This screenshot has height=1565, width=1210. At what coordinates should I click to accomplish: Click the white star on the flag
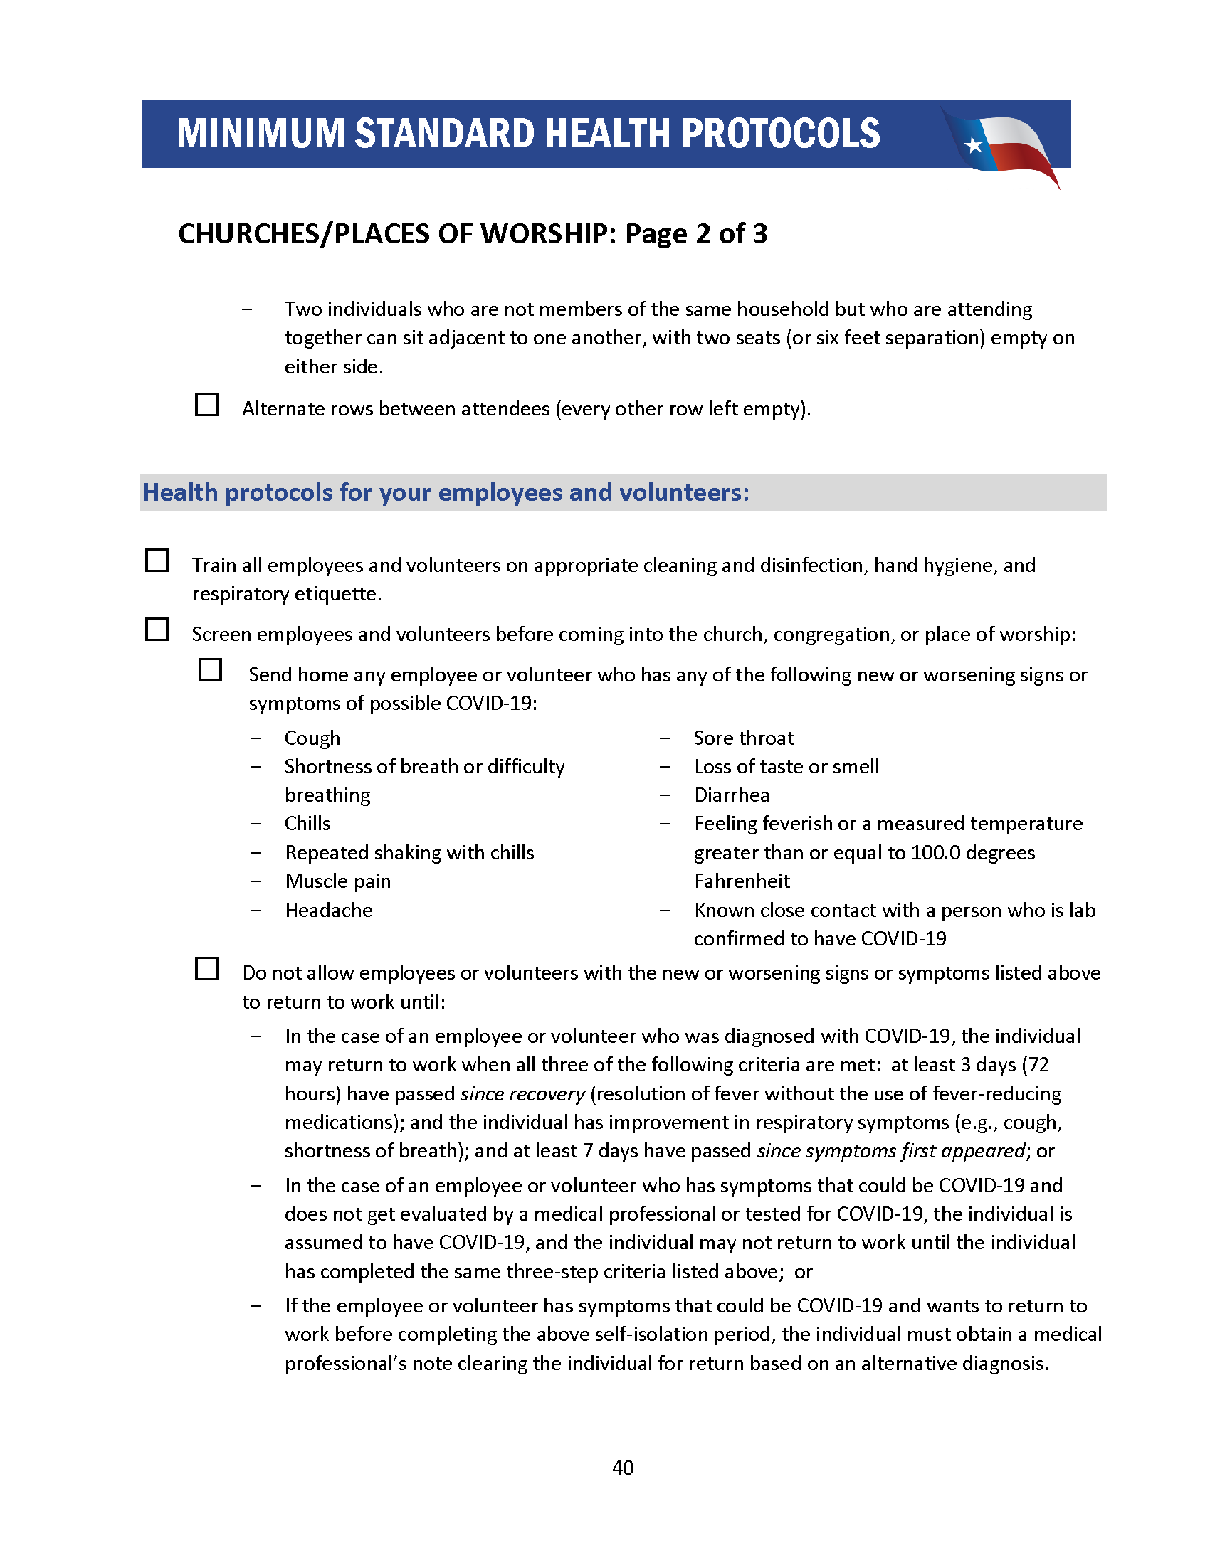[973, 145]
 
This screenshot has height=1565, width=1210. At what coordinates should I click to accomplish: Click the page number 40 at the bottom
[623, 1468]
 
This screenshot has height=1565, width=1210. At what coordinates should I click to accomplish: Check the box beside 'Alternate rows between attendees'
[207, 404]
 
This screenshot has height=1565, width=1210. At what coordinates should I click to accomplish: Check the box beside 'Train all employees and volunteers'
[157, 561]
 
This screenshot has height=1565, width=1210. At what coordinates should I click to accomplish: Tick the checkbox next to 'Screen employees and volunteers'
[157, 629]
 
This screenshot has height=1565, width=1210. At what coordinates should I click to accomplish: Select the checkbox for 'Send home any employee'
[210, 670]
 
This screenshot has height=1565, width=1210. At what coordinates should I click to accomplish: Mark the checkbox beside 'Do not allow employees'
[207, 968]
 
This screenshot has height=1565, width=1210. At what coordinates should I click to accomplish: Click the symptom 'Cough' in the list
[312, 738]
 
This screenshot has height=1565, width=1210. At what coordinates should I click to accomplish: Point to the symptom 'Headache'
[328, 910]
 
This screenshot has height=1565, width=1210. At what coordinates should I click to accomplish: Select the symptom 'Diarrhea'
[731, 795]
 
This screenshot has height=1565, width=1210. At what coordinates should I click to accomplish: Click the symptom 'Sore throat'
[743, 738]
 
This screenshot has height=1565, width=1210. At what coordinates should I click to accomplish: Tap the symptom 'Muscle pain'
[337, 881]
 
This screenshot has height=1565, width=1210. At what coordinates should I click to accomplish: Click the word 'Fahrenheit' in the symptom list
[742, 881]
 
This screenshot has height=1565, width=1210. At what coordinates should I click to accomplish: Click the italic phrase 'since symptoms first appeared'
[891, 1151]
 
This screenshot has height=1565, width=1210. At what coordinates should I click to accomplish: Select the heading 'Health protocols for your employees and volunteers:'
[446, 493]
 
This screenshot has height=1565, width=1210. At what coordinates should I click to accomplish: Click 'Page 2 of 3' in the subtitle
[696, 233]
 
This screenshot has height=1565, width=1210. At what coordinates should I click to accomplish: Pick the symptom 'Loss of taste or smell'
[786, 767]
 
